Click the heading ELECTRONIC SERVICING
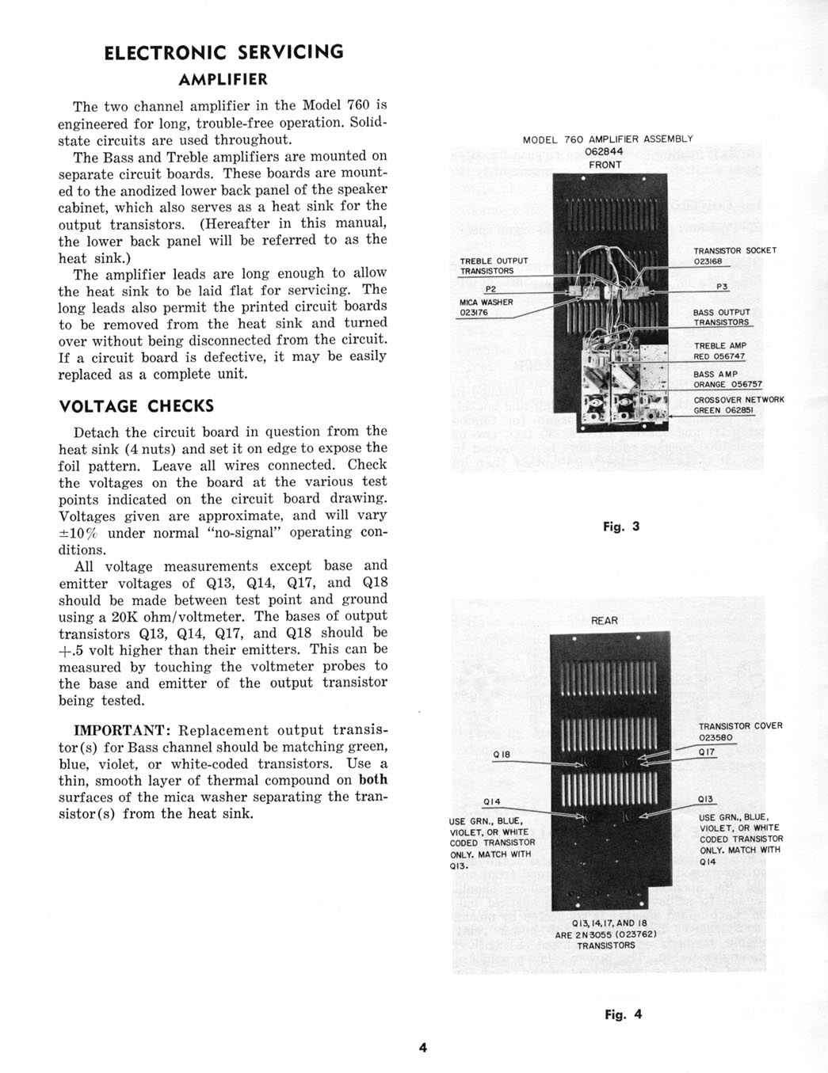pyautogui.click(x=224, y=52)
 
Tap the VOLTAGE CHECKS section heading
pyautogui.click(x=136, y=406)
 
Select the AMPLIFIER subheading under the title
pyautogui.click(x=223, y=80)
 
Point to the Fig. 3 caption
pyautogui.click(x=621, y=527)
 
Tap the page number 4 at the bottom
pyautogui.click(x=423, y=1047)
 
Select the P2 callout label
pyautogui.click(x=490, y=289)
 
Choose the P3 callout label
pyautogui.click(x=722, y=287)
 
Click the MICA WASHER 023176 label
pyautogui.click(x=486, y=307)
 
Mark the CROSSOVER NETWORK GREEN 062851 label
pyautogui.click(x=738, y=405)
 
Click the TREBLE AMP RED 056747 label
pyautogui.click(x=719, y=351)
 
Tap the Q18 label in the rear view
pyautogui.click(x=501, y=755)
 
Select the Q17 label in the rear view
pyautogui.click(x=707, y=752)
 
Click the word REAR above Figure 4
pyautogui.click(x=605, y=621)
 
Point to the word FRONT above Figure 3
pyautogui.click(x=605, y=165)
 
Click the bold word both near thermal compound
pyautogui.click(x=372, y=780)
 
